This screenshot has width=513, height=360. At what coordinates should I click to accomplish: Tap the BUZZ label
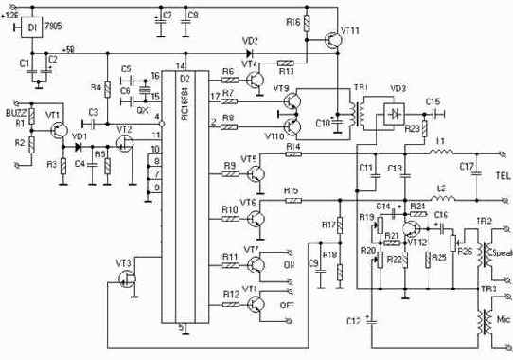click(x=18, y=99)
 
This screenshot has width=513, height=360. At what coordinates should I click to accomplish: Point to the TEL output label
click(x=501, y=174)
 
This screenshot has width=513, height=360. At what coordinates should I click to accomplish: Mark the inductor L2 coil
click(x=442, y=199)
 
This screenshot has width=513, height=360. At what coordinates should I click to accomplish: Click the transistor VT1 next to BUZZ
click(x=58, y=122)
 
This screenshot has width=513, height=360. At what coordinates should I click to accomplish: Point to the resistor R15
click(x=293, y=200)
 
